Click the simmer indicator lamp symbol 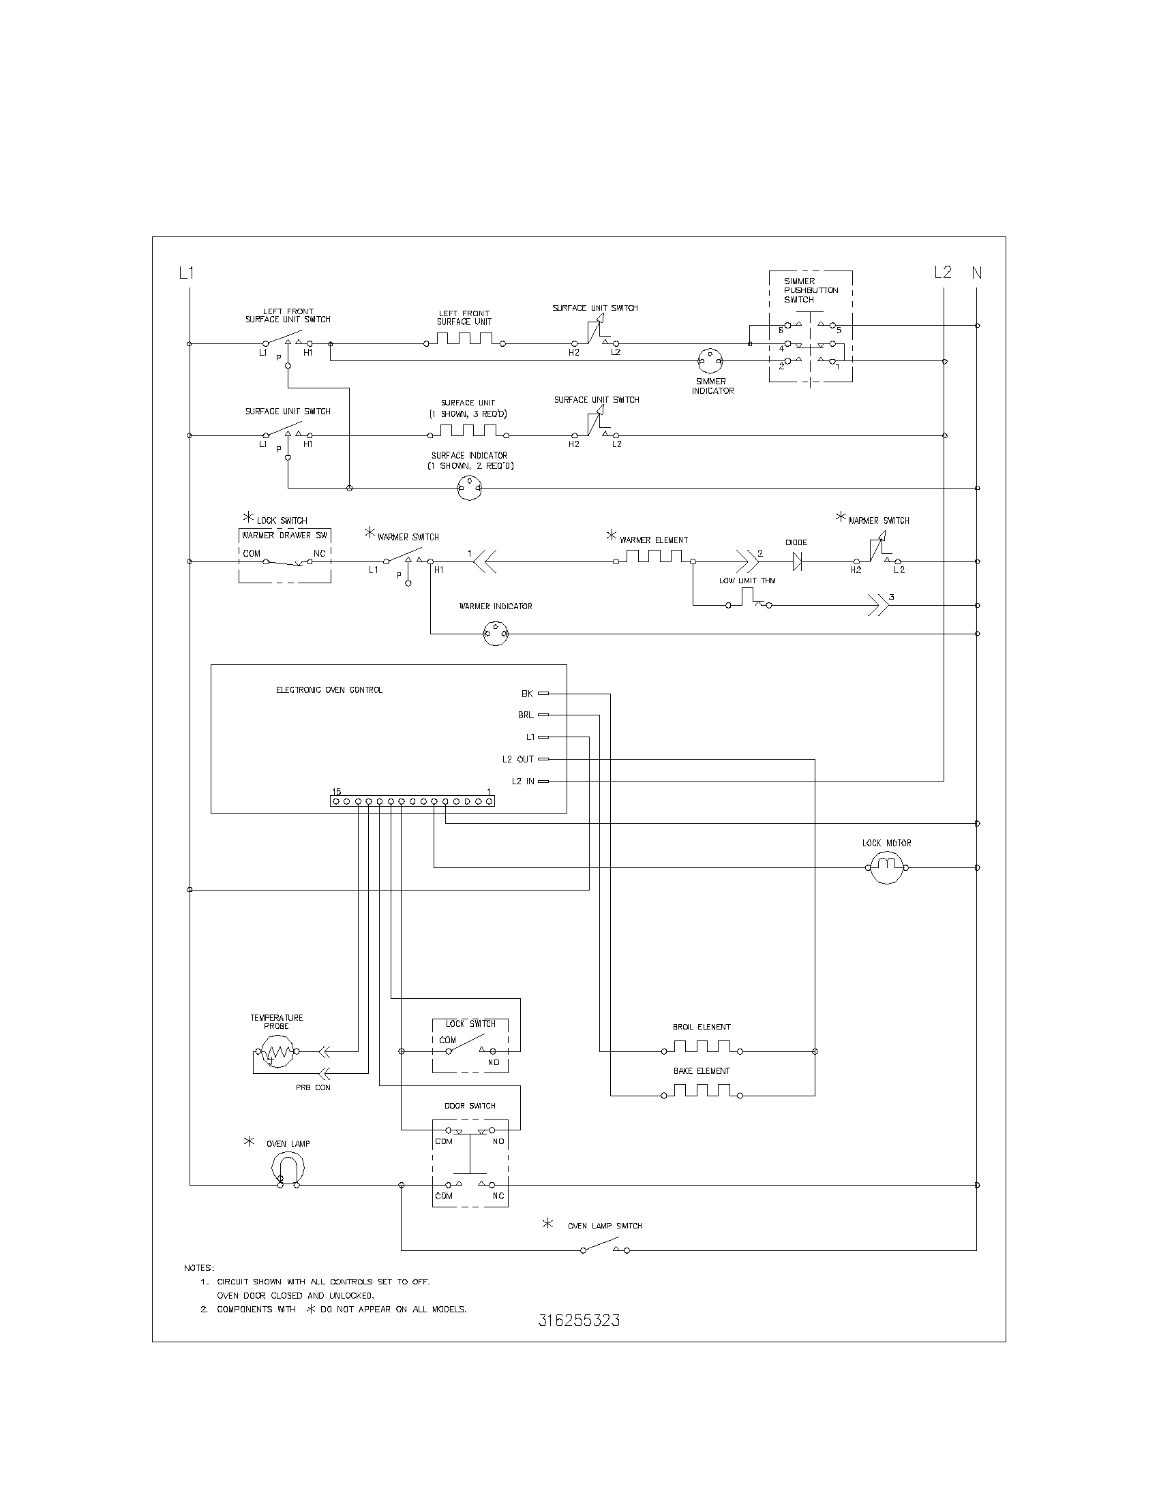(710, 360)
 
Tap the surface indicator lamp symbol (470, 489)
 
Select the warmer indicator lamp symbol (496, 634)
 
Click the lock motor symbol (886, 867)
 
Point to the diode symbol (797, 561)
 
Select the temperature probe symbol (276, 1051)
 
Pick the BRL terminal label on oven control (525, 715)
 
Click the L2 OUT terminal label (517, 759)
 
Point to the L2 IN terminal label (522, 781)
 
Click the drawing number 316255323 (579, 1320)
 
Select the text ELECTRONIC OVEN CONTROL (329, 690)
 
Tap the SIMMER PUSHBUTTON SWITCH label (811, 290)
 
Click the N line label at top (976, 273)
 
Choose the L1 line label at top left (186, 273)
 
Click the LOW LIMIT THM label (747, 581)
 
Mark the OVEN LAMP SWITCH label (604, 1226)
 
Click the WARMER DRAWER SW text (284, 536)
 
